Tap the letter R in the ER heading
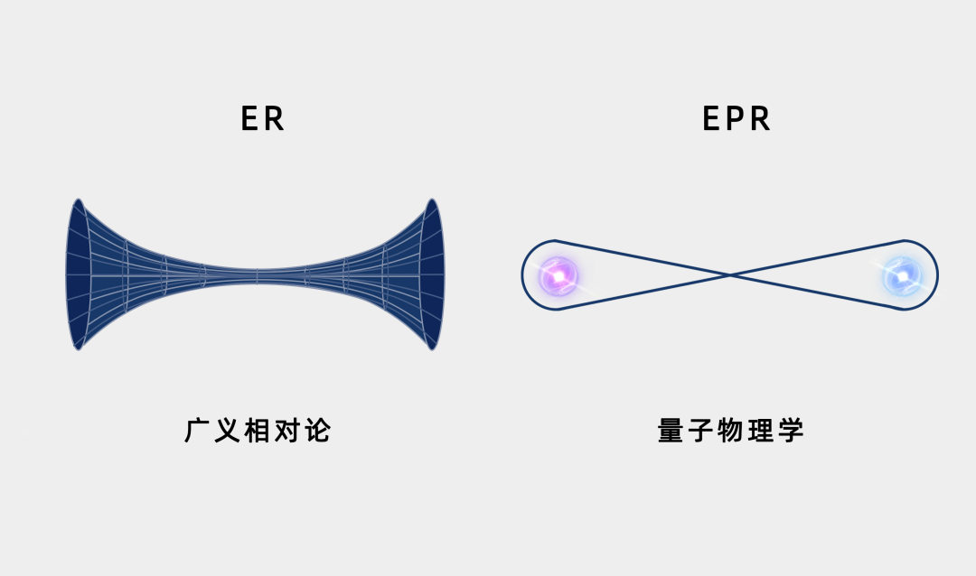[x=275, y=119]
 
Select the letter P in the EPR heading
[x=737, y=119]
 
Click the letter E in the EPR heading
[x=712, y=119]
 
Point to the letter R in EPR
[x=761, y=119]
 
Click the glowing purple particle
[x=557, y=274]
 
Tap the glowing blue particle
[x=901, y=274]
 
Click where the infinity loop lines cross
[x=730, y=274]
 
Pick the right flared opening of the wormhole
[x=433, y=274]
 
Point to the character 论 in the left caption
[x=317, y=431]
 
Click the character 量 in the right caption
[x=671, y=431]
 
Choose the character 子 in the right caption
[x=701, y=431]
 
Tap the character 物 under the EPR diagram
[x=731, y=431]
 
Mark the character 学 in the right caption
[x=791, y=431]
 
